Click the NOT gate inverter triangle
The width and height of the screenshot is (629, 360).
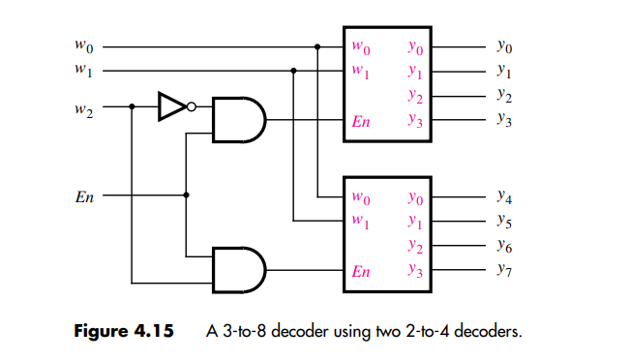tap(169, 106)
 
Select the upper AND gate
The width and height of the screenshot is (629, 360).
tap(237, 119)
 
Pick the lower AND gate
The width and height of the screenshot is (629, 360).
tap(237, 268)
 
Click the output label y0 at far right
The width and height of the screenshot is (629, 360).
tap(503, 45)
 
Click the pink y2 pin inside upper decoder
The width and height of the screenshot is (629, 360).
tap(414, 96)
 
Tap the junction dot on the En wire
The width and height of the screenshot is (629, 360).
tap(186, 195)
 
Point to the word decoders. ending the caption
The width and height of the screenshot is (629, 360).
tap(490, 332)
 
